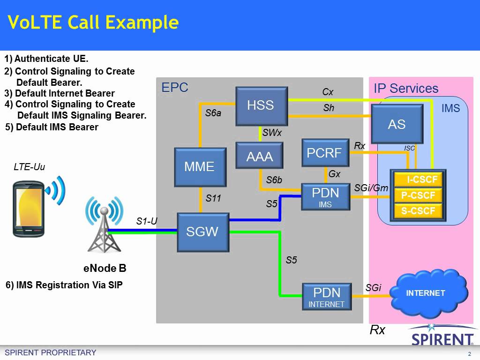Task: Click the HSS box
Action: click(260, 105)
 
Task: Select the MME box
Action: click(200, 166)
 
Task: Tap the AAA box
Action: click(260, 156)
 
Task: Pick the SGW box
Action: click(202, 232)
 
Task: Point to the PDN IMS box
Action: click(325, 196)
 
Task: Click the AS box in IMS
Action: click(397, 124)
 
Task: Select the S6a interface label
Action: click(213, 113)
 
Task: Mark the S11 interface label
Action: click(213, 199)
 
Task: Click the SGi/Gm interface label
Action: click(371, 188)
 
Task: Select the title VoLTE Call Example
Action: click(93, 22)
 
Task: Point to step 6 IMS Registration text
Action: click(64, 285)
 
